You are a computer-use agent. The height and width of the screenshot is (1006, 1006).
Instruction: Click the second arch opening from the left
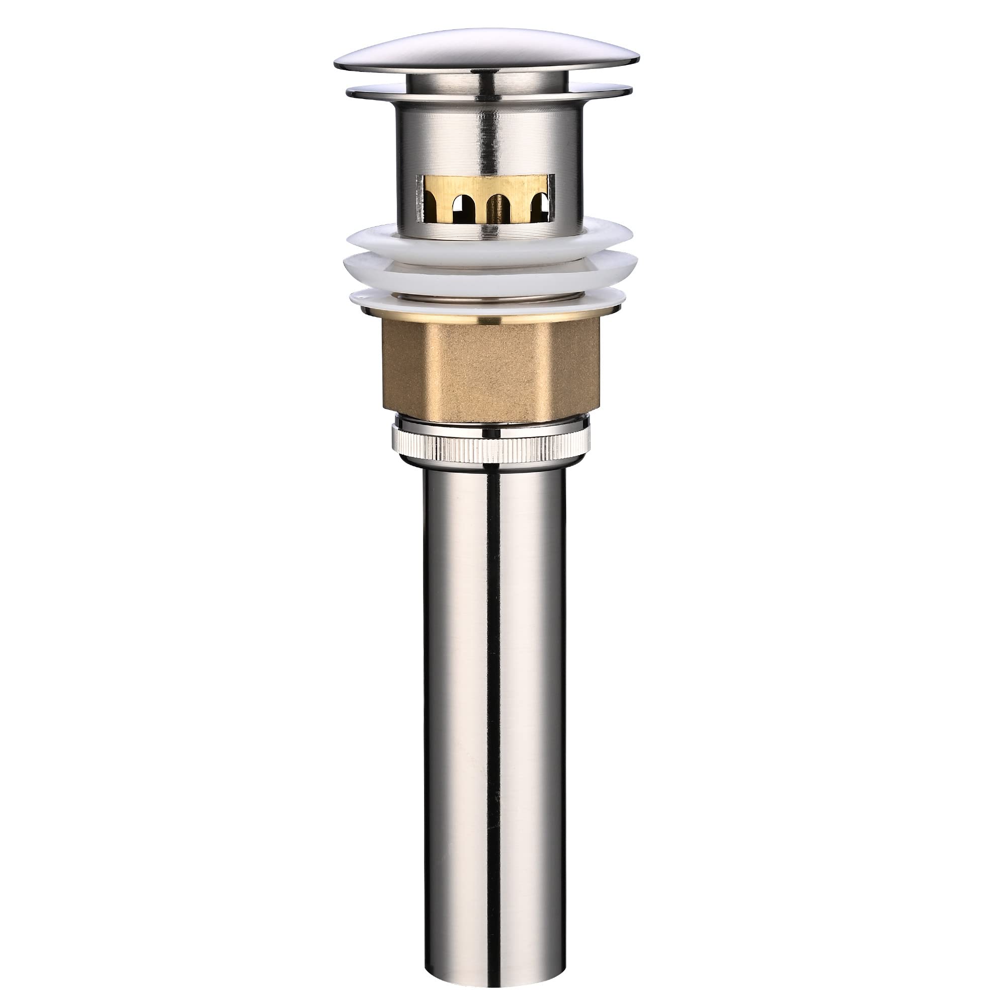tap(460, 208)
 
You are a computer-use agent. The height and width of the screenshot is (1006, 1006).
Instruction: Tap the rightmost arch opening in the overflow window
tap(539, 208)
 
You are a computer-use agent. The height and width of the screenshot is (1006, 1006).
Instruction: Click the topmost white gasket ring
tap(375, 237)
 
